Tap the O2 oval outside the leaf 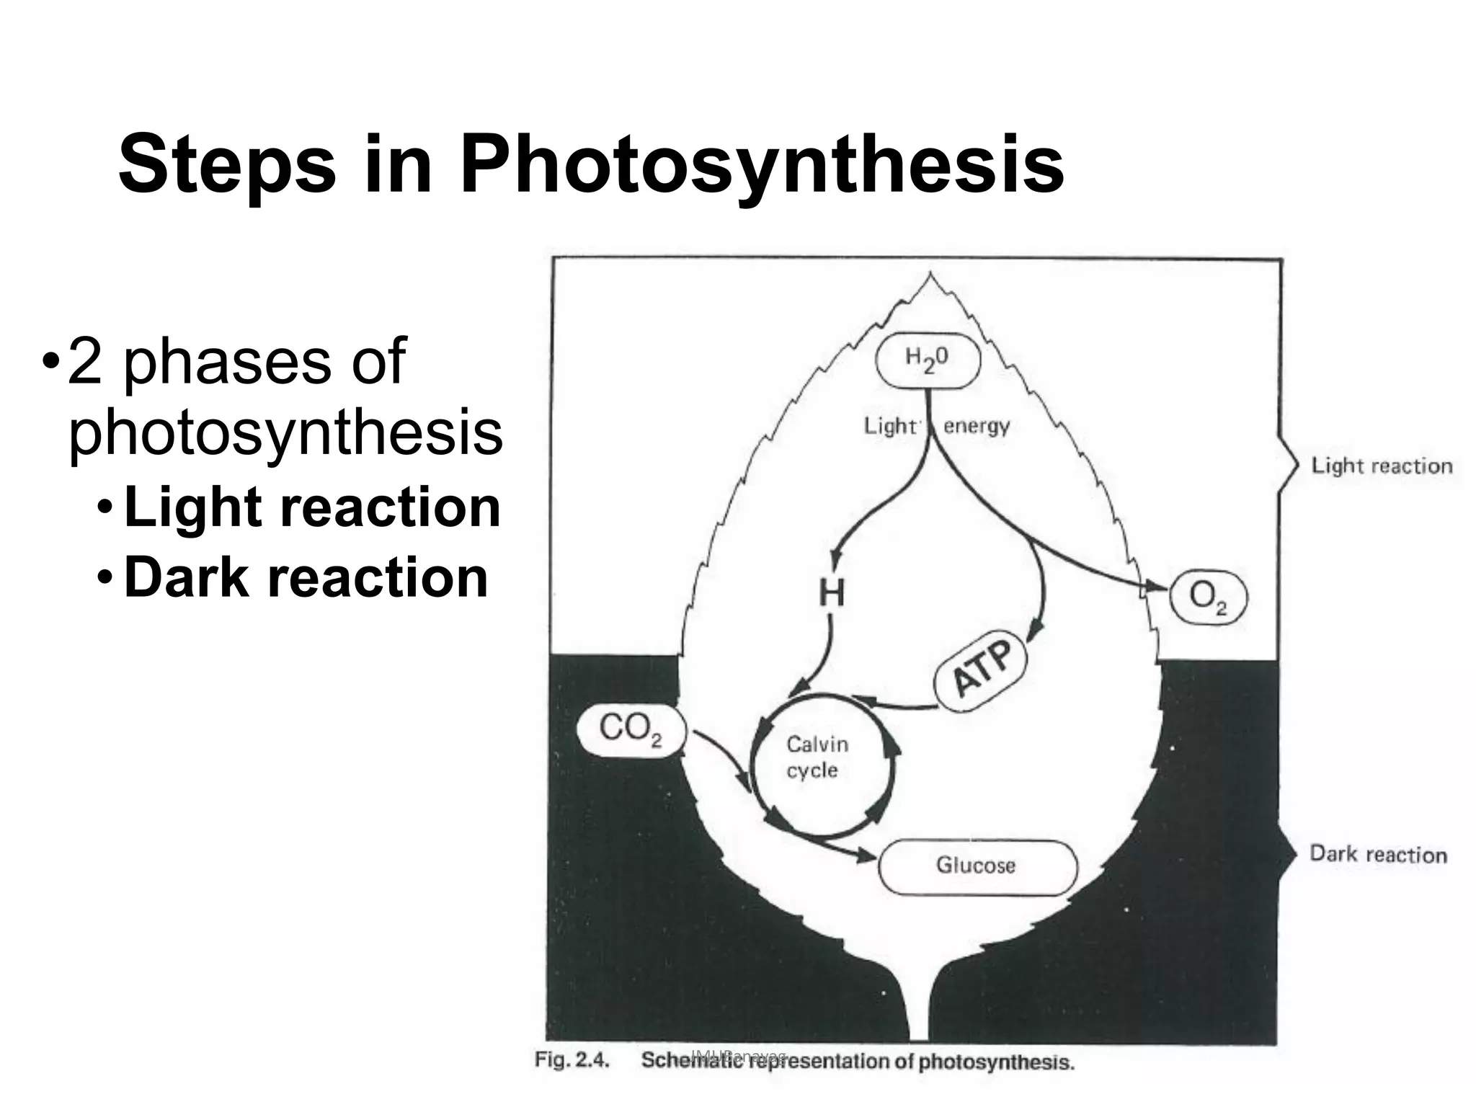pyautogui.click(x=1207, y=597)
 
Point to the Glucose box pyautogui.click(x=977, y=866)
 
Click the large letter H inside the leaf pyautogui.click(x=831, y=594)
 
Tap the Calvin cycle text pyautogui.click(x=817, y=757)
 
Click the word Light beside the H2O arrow pyautogui.click(x=890, y=426)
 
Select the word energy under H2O pyautogui.click(x=977, y=426)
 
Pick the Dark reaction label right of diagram pyautogui.click(x=1378, y=855)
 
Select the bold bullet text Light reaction pyautogui.click(x=312, y=507)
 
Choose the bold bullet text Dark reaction pyautogui.click(x=306, y=578)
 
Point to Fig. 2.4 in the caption pyautogui.click(x=572, y=1060)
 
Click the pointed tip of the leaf pyautogui.click(x=930, y=275)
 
